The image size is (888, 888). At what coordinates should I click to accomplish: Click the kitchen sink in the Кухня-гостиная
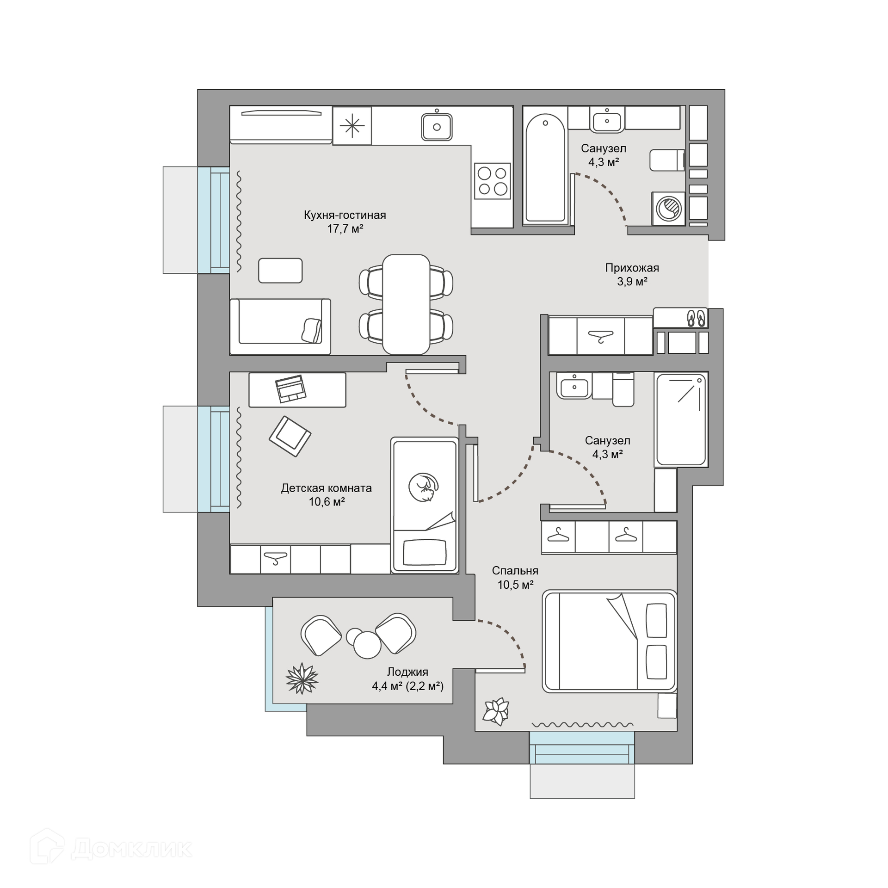tap(437, 125)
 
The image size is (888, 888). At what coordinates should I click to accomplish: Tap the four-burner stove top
tap(492, 181)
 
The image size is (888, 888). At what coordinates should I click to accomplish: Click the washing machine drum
tap(669, 208)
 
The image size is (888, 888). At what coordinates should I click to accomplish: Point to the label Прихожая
tap(632, 267)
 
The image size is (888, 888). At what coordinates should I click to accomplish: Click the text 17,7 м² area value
tap(345, 228)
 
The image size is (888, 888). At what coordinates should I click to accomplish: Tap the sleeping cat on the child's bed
tap(423, 487)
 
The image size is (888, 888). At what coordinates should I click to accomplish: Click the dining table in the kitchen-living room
tap(406, 304)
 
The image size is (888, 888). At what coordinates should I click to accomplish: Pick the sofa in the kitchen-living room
tap(280, 327)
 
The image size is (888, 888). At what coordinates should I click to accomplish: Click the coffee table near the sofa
tap(280, 270)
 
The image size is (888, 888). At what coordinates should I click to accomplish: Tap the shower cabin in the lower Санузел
tap(681, 419)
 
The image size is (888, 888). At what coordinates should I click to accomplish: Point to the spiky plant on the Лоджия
tap(302, 678)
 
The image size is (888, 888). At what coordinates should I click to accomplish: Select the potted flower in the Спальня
tap(496, 711)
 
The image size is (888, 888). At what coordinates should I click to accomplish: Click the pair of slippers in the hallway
tap(696, 317)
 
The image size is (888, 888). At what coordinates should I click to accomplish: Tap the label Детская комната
tap(327, 488)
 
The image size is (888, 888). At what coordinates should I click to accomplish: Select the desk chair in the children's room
tap(290, 436)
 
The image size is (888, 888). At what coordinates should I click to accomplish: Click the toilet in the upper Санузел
tap(667, 160)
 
